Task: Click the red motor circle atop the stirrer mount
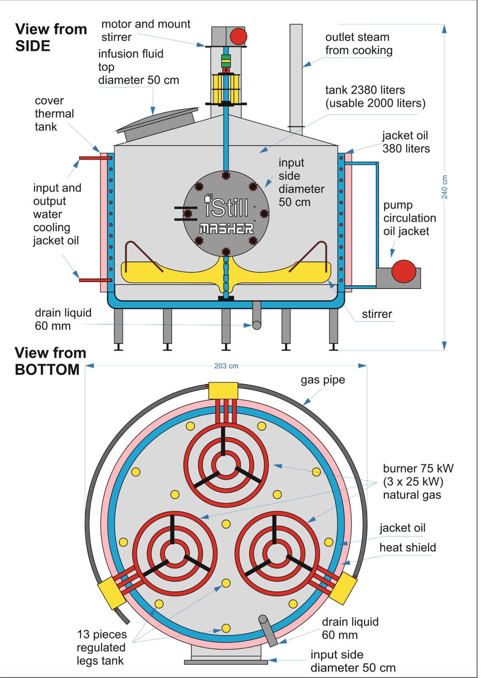click(x=239, y=36)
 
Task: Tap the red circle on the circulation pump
click(x=403, y=271)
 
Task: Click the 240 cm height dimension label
click(x=445, y=187)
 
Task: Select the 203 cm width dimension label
click(x=226, y=366)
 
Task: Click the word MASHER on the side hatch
click(x=226, y=229)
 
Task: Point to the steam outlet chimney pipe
click(x=296, y=76)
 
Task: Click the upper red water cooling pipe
click(x=95, y=158)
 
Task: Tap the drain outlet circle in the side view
click(x=256, y=325)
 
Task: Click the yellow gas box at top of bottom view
click(x=223, y=391)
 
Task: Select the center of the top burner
click(x=226, y=465)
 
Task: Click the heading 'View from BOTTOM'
click(x=50, y=361)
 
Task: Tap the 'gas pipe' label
click(x=323, y=380)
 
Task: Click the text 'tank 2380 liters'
click(x=365, y=90)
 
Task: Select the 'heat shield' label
click(x=407, y=547)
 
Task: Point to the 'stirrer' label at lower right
click(x=376, y=314)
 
